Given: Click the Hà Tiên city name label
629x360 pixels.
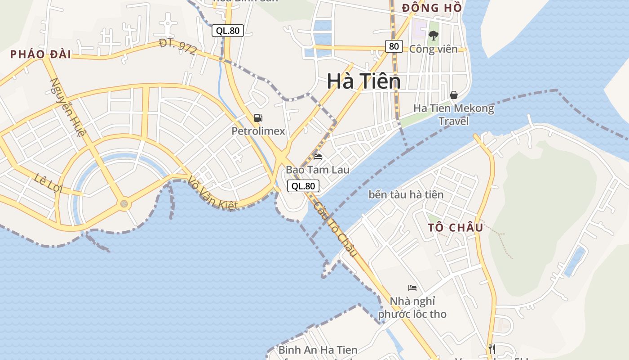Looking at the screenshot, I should click(363, 81).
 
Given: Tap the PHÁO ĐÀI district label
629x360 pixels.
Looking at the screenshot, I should click(40, 54).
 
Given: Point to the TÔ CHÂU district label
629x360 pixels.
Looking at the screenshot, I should click(456, 227).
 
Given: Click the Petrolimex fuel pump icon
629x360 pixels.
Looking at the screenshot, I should click(258, 118).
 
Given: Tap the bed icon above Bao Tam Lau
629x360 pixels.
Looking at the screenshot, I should click(318, 157).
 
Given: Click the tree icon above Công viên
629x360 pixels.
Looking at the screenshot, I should click(433, 35).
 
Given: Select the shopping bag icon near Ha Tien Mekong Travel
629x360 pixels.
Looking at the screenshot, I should click(454, 95).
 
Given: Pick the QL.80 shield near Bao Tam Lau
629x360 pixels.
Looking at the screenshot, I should click(303, 186).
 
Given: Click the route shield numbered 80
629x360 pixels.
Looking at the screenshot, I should click(394, 46).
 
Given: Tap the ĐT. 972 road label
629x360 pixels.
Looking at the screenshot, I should click(178, 47).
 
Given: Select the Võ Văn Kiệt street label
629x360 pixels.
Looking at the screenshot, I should click(213, 193).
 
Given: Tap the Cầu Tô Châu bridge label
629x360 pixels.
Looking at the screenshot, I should click(335, 229).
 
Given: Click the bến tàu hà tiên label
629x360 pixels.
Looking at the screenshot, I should click(406, 194).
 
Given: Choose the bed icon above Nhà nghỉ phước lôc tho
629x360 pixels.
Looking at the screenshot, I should click(412, 288).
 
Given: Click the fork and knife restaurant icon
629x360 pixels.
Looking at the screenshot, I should click(492, 348).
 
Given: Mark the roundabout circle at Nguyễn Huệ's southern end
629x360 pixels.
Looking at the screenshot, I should click(124, 204).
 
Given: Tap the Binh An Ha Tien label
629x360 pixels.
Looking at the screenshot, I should click(318, 350).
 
